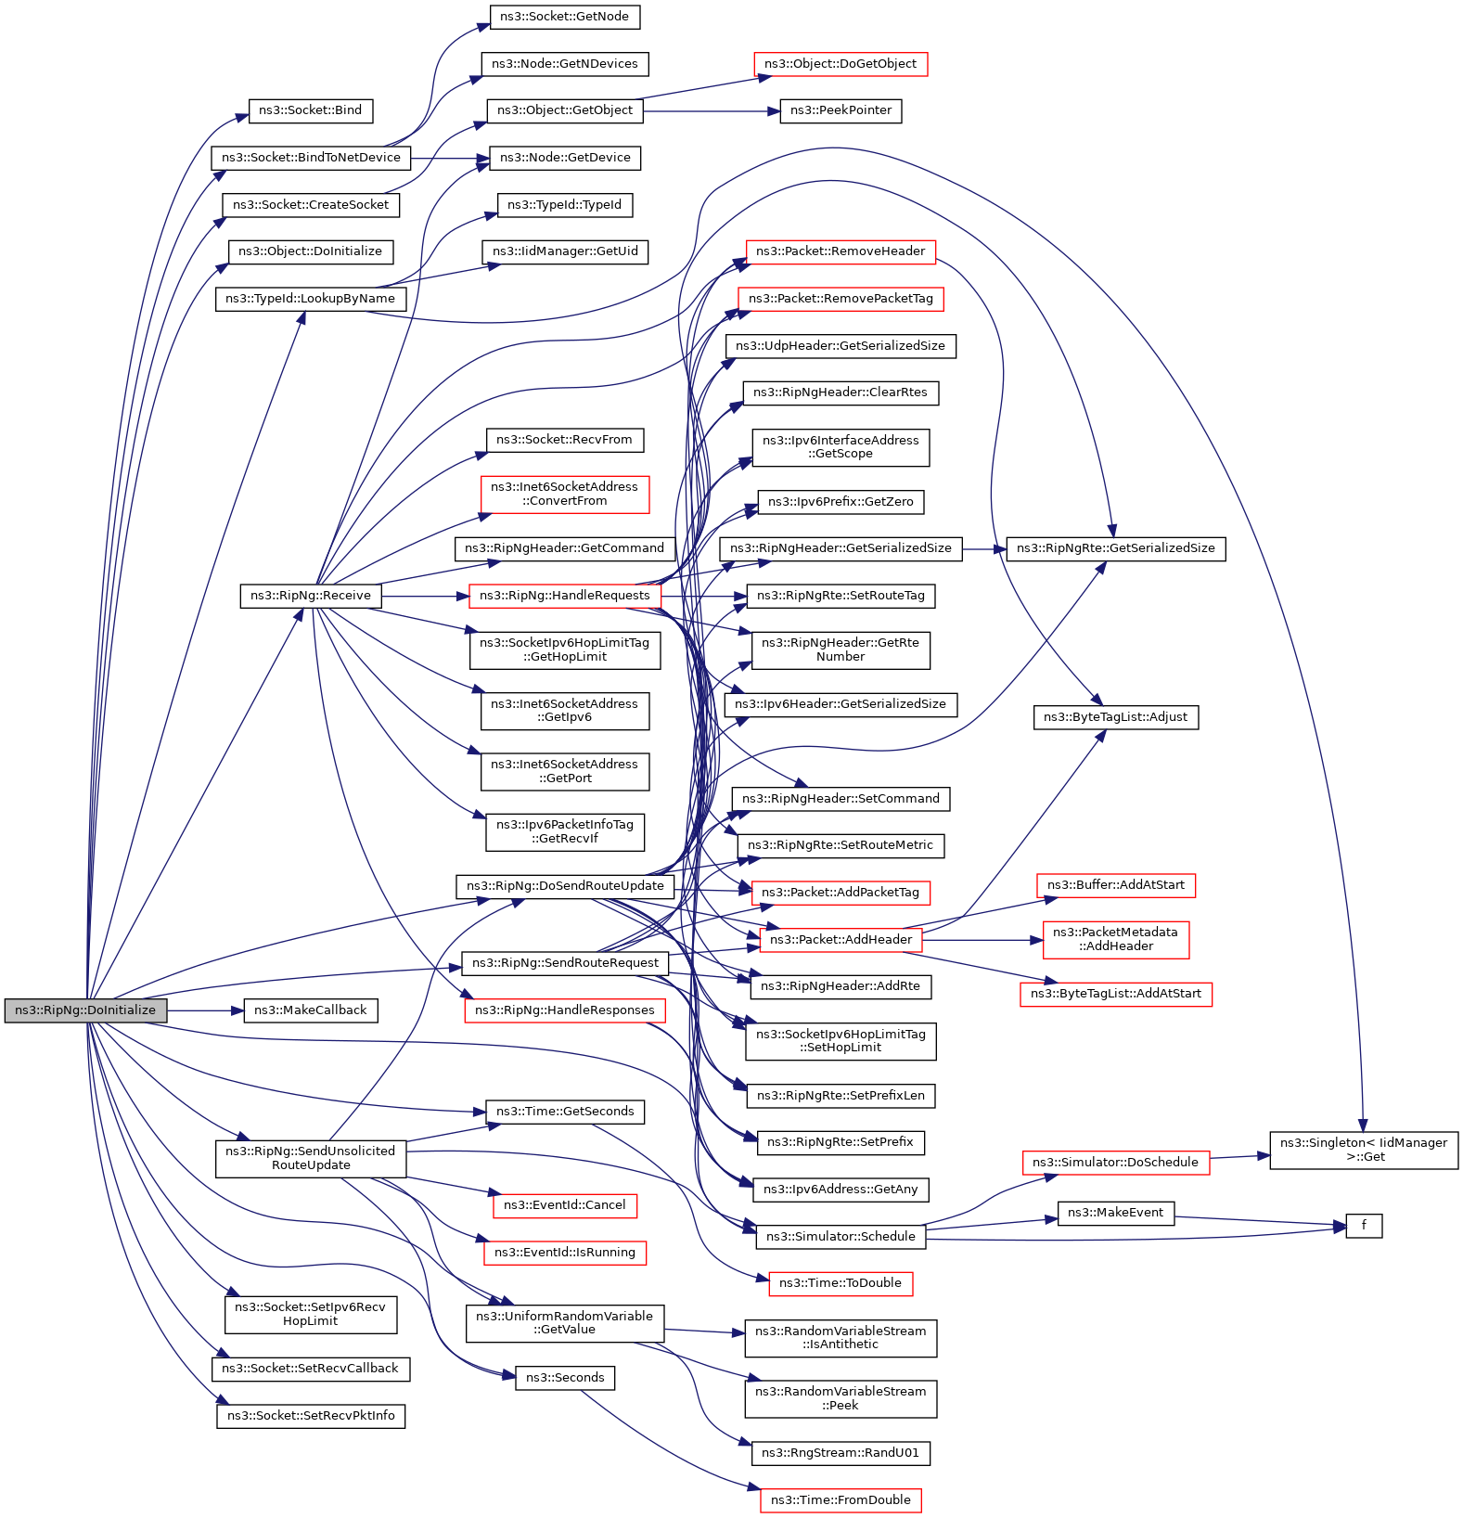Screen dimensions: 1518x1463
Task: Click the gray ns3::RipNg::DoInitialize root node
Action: pyautogui.click(x=85, y=1010)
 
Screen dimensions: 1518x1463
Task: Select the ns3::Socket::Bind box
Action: pyautogui.click(x=310, y=110)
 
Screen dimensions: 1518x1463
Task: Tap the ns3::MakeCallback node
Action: pyautogui.click(x=310, y=1010)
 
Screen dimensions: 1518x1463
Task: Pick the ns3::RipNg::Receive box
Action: pyautogui.click(x=310, y=596)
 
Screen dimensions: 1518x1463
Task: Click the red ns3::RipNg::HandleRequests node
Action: pyautogui.click(x=564, y=596)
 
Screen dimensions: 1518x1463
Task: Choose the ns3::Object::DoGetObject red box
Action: pyautogui.click(x=840, y=64)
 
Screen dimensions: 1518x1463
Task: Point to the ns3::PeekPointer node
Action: pyautogui.click(x=840, y=110)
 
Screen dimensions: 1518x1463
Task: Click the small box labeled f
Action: pyautogui.click(x=1363, y=1226)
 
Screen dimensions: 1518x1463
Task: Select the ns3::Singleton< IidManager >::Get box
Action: pyautogui.click(x=1363, y=1150)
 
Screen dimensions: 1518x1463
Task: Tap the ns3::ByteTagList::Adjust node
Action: pyautogui.click(x=1115, y=717)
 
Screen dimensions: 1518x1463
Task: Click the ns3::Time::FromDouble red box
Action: pyautogui.click(x=840, y=1500)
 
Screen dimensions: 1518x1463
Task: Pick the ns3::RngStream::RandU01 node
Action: pyautogui.click(x=840, y=1453)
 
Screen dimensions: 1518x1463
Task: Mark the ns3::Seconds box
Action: pyautogui.click(x=564, y=1378)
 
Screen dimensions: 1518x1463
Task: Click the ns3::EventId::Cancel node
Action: pyautogui.click(x=564, y=1205)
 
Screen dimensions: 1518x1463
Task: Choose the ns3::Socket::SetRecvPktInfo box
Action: pyautogui.click(x=310, y=1416)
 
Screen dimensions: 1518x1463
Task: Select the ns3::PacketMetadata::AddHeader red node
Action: pyautogui.click(x=1115, y=939)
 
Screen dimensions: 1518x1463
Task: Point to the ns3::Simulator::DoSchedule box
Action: pyautogui.click(x=1114, y=1163)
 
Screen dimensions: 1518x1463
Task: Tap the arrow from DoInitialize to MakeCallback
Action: pyautogui.click(x=204, y=1010)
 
